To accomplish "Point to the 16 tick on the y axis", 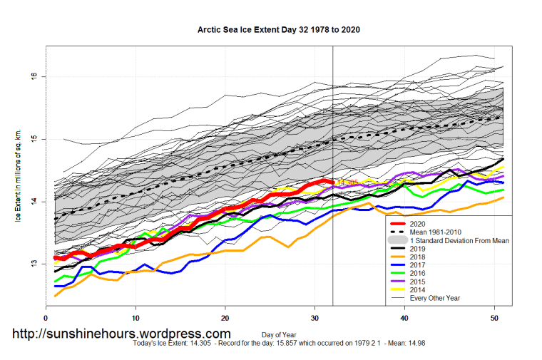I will (34, 76).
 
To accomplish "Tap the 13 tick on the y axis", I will (34, 264).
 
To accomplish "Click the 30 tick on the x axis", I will (315, 318).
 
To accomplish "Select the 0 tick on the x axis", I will (46, 318).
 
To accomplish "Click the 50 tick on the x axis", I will (495, 318).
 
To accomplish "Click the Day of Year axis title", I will (279, 334).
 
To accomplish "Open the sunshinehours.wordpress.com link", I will (121, 334).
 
